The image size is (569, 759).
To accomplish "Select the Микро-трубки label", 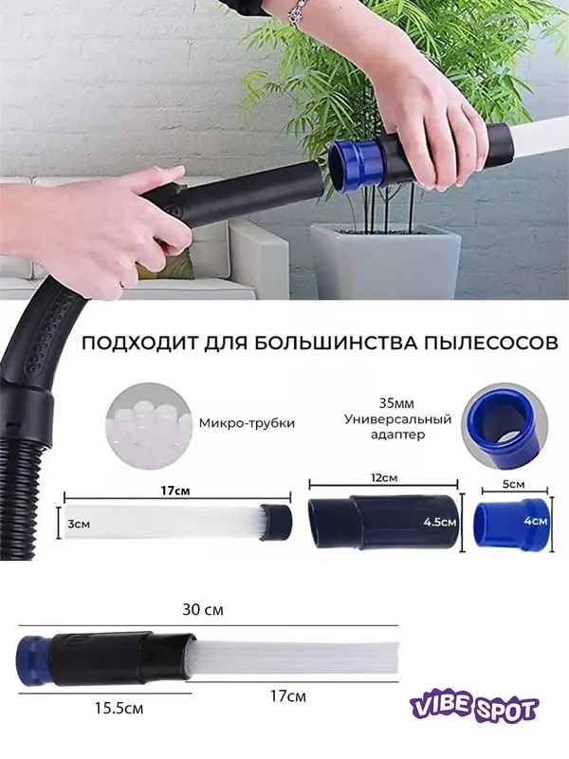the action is tap(247, 423).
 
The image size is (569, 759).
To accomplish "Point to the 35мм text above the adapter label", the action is tap(396, 403).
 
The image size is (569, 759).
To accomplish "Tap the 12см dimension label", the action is tap(384, 477).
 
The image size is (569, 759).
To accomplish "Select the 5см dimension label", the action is tap(513, 484).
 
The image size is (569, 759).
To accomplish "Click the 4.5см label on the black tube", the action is tap(439, 523).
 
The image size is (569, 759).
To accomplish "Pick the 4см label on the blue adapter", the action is tap(536, 521).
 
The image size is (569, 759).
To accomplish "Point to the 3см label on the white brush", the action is tap(79, 524).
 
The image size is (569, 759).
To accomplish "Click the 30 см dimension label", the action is tap(203, 609).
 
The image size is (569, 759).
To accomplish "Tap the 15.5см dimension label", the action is tap(119, 708).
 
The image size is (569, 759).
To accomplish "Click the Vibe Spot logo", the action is tap(473, 710).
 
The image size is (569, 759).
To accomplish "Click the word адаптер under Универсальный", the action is tap(397, 434).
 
